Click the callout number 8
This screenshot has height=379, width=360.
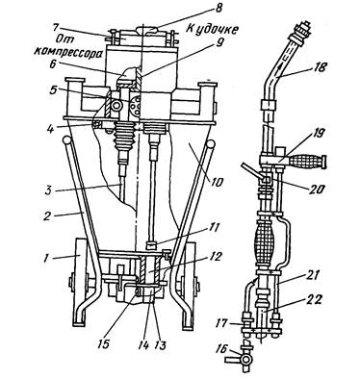coord(218,8)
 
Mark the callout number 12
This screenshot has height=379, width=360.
coord(215,257)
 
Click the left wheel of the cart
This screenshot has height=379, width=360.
coord(80,281)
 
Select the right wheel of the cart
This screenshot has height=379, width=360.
coord(191,282)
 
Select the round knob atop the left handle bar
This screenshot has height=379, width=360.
coord(67,140)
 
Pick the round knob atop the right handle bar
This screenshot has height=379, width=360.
coord(211,143)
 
